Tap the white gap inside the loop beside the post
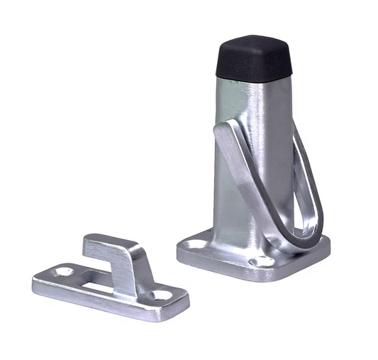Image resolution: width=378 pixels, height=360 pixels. pos(299,206)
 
